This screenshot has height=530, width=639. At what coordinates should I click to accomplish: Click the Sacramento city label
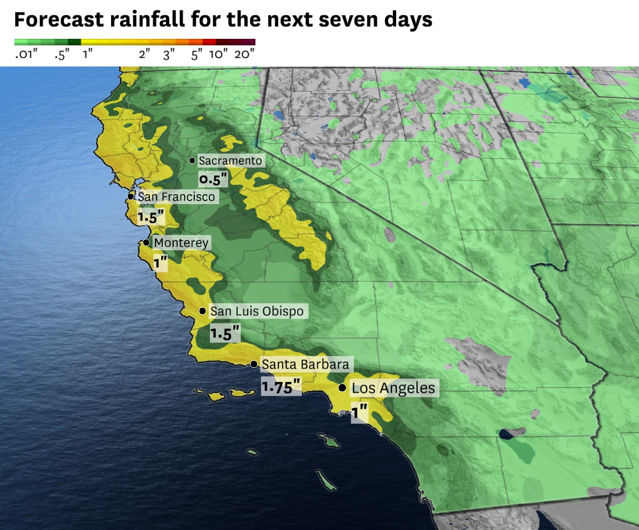point(230,161)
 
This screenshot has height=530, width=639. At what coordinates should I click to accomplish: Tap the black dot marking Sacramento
point(192,161)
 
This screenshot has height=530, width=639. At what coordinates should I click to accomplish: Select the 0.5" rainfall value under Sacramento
point(213,179)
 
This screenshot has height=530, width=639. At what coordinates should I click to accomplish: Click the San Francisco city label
point(176,197)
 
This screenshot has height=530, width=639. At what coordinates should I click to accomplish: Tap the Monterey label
point(181,242)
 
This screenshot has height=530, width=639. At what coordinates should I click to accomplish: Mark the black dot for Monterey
point(146,242)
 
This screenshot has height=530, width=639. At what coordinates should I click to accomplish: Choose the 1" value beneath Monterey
point(160,263)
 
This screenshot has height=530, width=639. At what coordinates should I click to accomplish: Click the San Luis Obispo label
point(257,311)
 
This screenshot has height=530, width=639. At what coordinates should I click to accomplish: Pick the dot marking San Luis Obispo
point(203,311)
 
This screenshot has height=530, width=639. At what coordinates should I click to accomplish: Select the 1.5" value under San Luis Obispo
point(225,333)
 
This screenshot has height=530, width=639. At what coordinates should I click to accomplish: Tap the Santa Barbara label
point(305,364)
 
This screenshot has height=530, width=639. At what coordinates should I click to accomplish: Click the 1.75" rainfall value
point(280,387)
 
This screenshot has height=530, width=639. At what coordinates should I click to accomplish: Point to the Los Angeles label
point(393,388)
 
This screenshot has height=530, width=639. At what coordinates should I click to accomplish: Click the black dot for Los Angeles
point(342,388)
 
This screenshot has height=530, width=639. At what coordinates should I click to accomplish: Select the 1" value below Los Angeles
point(359,412)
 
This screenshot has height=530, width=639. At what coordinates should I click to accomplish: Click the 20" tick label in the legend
point(244,54)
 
